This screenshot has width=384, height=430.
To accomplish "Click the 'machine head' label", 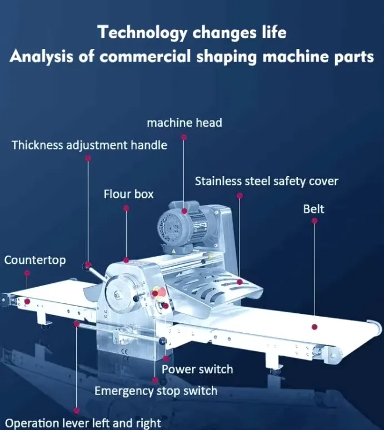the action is (184, 123).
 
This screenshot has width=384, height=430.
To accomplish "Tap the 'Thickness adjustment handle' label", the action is (89, 145).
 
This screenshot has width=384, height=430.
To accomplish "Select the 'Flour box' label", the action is (128, 194).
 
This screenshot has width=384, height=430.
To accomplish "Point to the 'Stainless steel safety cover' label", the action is (267, 181).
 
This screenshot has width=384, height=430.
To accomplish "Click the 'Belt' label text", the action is (313, 209).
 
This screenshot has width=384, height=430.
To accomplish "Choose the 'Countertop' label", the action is (35, 260).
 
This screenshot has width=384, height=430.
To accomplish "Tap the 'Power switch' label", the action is (197, 369).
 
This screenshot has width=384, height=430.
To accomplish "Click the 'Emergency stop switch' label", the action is (156, 391).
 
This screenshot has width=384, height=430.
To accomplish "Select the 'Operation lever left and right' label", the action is (83, 423).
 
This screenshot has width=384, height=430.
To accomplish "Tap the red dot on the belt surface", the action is (315, 327).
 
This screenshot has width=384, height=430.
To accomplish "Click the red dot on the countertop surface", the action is (27, 301).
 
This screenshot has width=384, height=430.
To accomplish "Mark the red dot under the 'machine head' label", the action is (184, 137).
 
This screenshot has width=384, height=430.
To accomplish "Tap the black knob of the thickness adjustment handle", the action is (86, 266).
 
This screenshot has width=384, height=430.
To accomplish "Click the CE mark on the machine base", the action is (124, 351).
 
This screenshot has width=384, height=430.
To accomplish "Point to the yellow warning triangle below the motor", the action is (173, 251).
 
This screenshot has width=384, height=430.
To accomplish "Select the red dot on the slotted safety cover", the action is (240, 282).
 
